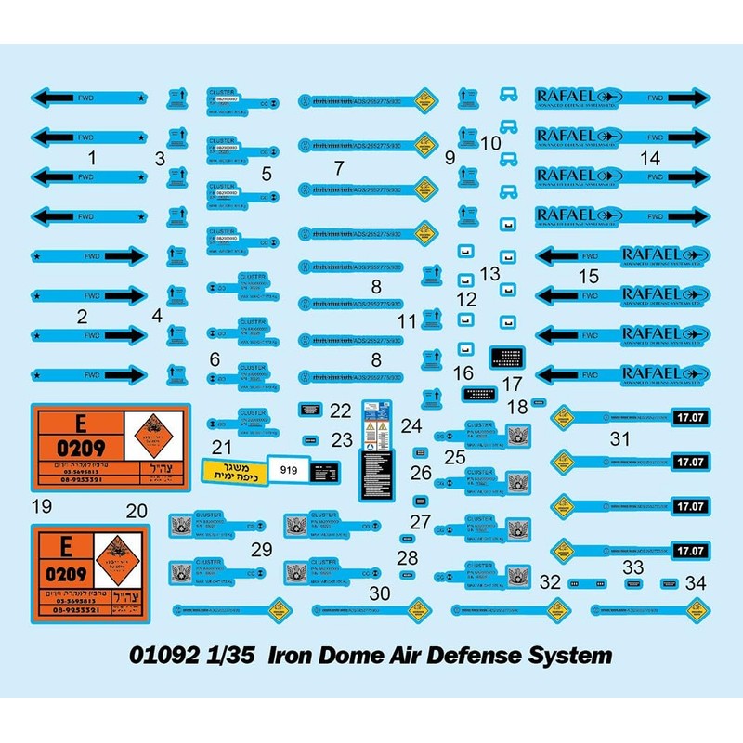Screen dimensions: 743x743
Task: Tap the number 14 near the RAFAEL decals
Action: tap(649, 159)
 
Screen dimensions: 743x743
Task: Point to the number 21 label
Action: tap(222, 447)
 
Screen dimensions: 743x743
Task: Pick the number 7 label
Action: tap(339, 168)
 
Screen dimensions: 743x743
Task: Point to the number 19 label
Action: tap(40, 507)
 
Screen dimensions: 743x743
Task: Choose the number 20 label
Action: tap(137, 510)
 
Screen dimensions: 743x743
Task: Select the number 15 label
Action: tap(589, 276)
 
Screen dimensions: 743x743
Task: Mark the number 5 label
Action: tap(267, 173)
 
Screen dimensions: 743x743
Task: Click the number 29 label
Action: tap(262, 549)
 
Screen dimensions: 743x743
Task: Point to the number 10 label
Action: tap(490, 143)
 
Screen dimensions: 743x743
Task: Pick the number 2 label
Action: tap(82, 316)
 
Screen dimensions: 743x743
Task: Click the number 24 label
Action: tap(411, 427)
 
